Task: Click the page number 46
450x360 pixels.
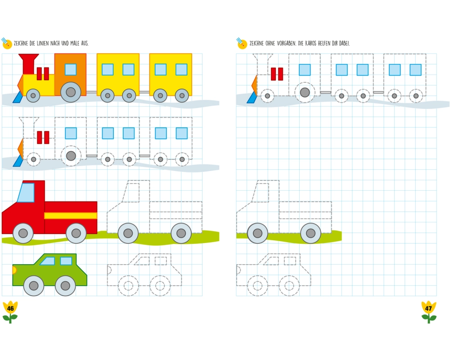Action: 10,309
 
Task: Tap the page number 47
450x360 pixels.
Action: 428,309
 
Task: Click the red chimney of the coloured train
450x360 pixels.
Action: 29,63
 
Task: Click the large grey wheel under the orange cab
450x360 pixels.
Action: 71,92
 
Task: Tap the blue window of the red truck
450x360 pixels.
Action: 26,193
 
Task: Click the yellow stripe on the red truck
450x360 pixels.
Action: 71,216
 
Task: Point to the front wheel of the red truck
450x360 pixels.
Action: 23,233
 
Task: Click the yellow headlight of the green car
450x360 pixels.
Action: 13,270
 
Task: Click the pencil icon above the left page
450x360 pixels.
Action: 6,43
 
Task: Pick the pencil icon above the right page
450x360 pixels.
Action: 242,43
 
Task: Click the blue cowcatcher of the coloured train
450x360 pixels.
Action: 18,97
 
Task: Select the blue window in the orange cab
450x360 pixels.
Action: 71,69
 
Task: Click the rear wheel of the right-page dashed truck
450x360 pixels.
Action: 310,233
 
